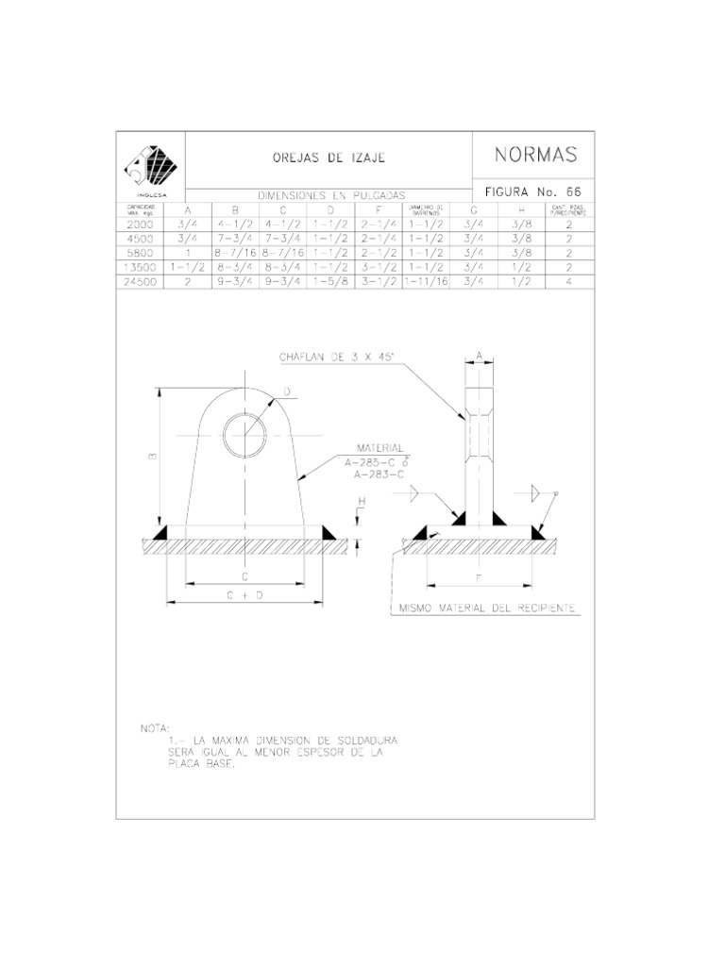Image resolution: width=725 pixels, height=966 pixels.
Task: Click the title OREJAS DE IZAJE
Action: point(329,158)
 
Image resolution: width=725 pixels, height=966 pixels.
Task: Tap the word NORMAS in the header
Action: point(535,155)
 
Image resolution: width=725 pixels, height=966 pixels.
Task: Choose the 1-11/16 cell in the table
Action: point(427,281)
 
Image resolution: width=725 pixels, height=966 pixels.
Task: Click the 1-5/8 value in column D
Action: point(329,281)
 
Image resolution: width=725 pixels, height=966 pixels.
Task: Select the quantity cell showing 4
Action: point(569,281)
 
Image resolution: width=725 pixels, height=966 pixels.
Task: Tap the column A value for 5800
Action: point(188,253)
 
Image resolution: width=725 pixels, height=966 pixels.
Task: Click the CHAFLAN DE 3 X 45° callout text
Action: point(337,357)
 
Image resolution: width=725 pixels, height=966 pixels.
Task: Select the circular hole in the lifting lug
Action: point(245,436)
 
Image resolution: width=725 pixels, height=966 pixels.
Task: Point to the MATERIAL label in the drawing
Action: point(379,447)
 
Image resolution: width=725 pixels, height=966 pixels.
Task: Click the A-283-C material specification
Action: point(379,475)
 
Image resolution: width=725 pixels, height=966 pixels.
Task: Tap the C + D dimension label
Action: point(244,595)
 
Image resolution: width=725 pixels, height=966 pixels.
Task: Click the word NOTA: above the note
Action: point(153,729)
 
